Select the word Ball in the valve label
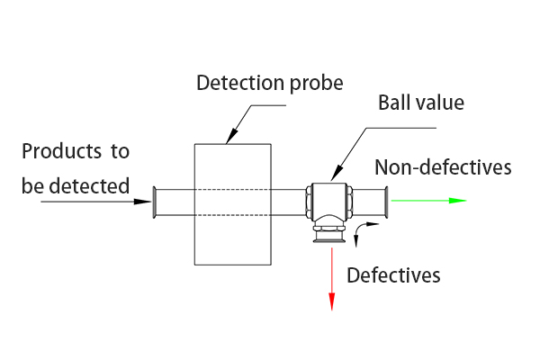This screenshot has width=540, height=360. point(395,103)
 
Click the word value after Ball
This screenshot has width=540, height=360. point(439,103)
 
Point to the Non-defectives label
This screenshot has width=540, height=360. point(443,167)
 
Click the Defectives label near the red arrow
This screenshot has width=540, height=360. point(393,275)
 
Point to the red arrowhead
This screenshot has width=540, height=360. point(332,301)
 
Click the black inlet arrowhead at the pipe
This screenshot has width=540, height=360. point(142,202)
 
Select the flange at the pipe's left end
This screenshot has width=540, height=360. point(157,202)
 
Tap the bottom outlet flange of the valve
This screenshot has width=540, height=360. point(329,238)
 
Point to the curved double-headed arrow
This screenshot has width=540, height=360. point(362,230)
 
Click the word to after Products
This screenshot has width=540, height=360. point(121,151)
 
